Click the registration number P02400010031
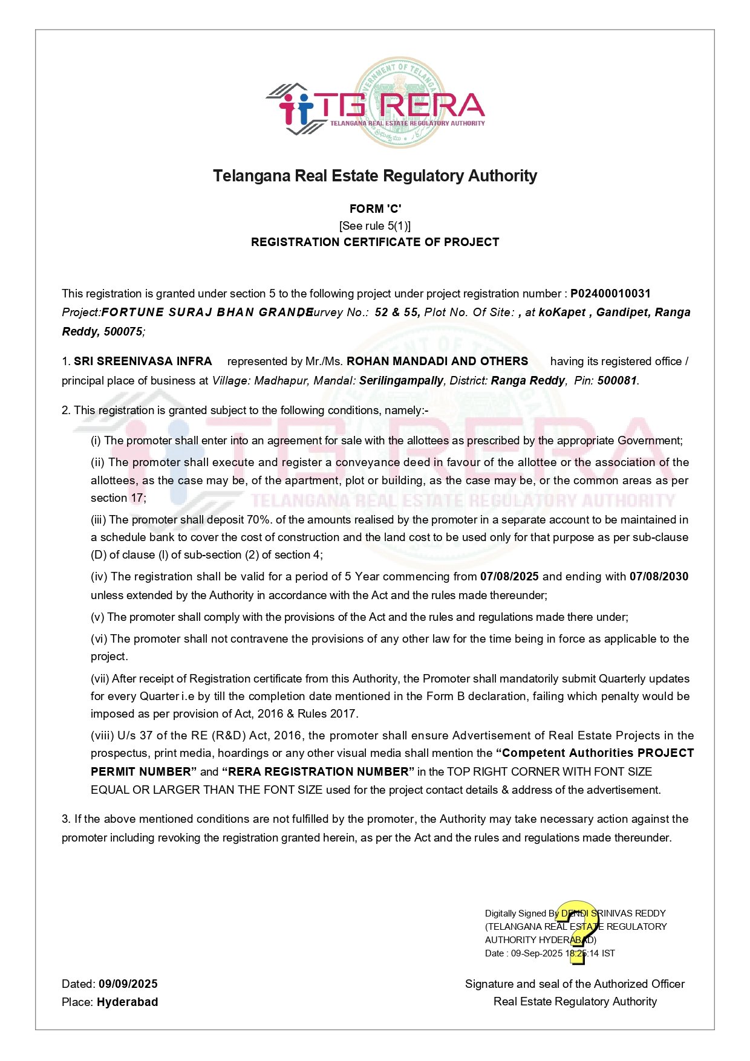click(x=610, y=294)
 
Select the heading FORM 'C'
click(x=375, y=209)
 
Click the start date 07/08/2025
click(x=509, y=577)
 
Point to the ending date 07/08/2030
click(x=659, y=577)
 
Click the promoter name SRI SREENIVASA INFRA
click(x=143, y=362)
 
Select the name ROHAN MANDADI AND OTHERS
click(x=437, y=362)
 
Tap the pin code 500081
click(x=617, y=381)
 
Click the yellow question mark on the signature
click(x=579, y=931)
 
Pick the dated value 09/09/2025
click(x=128, y=984)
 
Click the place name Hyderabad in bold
click(x=128, y=1002)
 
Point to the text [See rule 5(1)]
click(x=375, y=226)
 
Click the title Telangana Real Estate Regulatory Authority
click(x=375, y=176)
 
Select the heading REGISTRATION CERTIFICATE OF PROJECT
click(x=375, y=242)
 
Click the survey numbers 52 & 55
click(x=397, y=313)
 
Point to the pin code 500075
click(x=123, y=332)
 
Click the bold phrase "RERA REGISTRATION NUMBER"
click(x=318, y=772)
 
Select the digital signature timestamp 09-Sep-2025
click(x=536, y=953)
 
